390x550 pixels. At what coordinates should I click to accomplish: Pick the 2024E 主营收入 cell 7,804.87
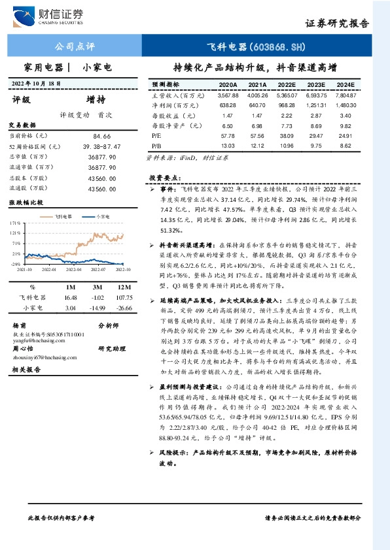point(346,95)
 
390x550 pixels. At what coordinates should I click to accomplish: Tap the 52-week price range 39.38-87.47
point(100,147)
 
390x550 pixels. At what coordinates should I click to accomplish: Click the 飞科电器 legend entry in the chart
point(63,215)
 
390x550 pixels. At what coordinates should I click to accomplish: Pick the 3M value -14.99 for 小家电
point(97,307)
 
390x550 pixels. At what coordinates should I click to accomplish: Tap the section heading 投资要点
point(164,178)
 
